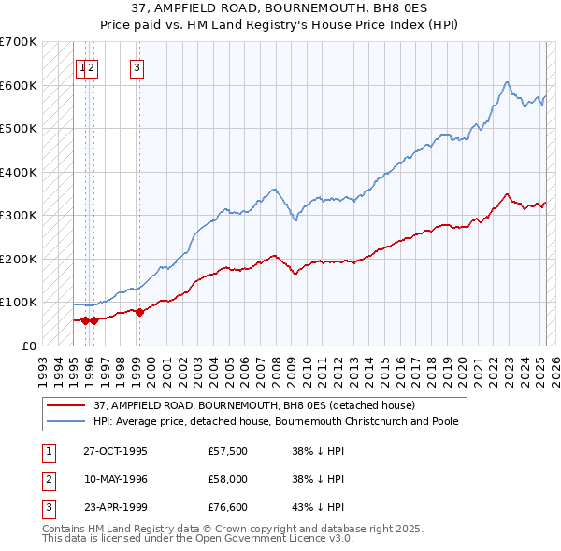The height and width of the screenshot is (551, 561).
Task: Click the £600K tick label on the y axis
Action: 19,85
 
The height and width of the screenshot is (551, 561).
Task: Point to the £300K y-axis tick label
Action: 19,215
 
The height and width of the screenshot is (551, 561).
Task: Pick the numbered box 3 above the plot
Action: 137,66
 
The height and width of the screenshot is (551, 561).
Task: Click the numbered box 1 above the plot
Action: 82,66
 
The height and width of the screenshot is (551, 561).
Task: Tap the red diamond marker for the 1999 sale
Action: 139,313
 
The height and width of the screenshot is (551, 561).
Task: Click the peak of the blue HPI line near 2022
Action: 506,82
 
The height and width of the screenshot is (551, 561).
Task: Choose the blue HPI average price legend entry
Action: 276,421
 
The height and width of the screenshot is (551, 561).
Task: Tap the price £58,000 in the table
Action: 228,479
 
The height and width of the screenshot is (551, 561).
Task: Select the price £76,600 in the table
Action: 228,508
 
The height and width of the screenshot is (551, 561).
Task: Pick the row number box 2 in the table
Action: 47,479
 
